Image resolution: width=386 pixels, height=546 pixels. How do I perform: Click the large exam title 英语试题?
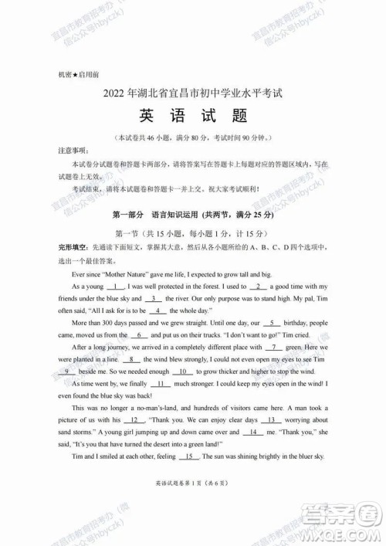coord(192,117)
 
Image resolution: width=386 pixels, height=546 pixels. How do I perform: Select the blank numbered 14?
coord(252,432)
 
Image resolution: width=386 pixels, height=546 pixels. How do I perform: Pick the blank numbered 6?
coord(139,335)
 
